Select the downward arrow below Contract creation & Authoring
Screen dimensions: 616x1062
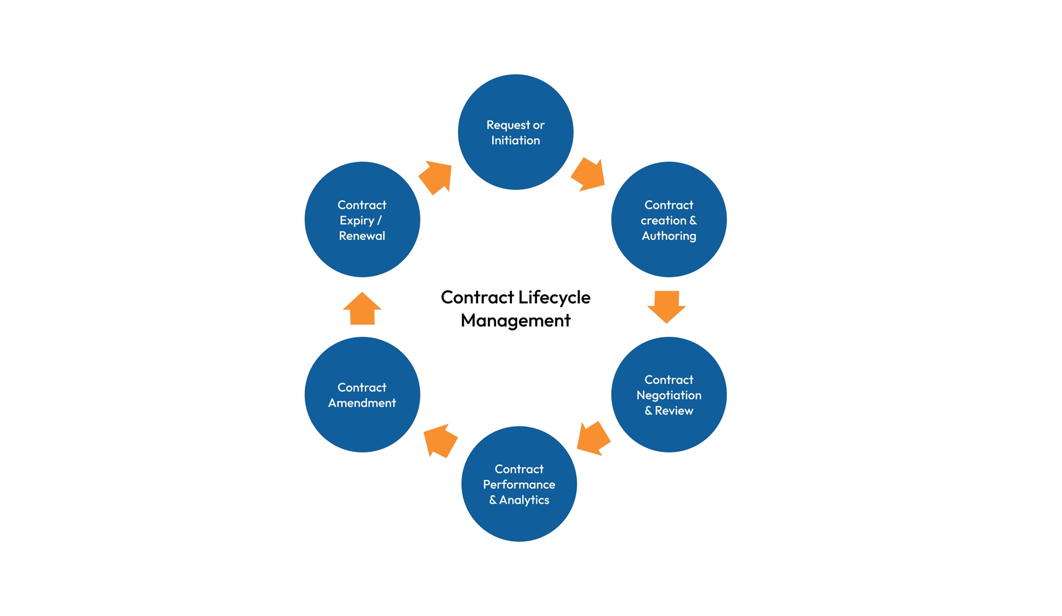(x=666, y=306)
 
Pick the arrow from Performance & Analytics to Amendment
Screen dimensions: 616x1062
(x=440, y=440)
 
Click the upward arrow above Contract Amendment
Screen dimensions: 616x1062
(x=362, y=309)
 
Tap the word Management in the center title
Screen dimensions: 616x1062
(x=515, y=321)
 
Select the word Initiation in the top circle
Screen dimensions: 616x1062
(x=515, y=140)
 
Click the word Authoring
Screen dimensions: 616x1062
(x=668, y=236)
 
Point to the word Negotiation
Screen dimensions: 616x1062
(x=668, y=395)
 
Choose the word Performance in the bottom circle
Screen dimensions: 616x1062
(x=518, y=484)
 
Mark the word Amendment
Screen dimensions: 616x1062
(x=362, y=403)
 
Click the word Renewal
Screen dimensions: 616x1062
(x=362, y=236)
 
